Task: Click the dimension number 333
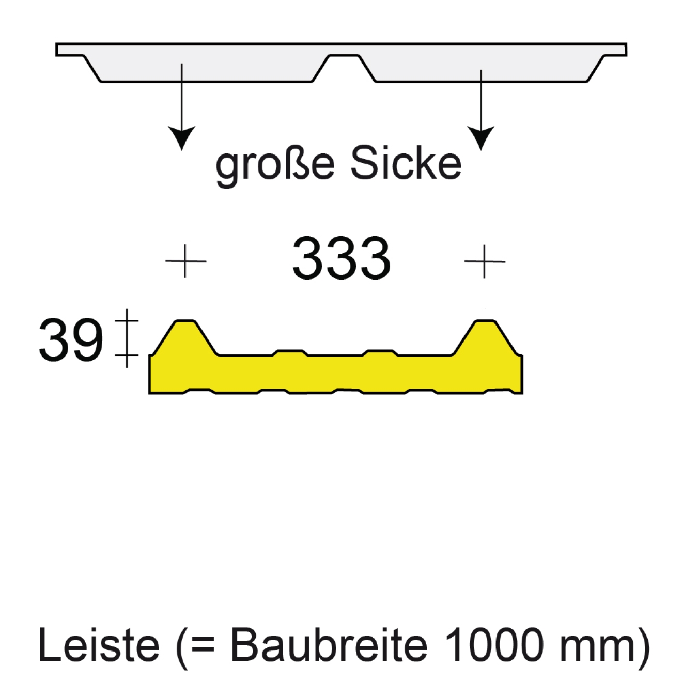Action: click(x=341, y=258)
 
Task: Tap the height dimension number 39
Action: click(x=71, y=340)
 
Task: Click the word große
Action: click(x=275, y=164)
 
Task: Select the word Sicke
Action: click(x=406, y=164)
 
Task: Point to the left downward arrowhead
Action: click(x=182, y=137)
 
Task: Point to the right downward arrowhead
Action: click(x=481, y=137)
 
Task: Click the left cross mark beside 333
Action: click(x=185, y=261)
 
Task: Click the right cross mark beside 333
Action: click(x=485, y=261)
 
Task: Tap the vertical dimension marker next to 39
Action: click(x=127, y=338)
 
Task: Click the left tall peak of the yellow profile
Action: click(x=185, y=331)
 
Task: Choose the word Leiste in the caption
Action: click(x=99, y=645)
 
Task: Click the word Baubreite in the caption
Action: click(x=329, y=645)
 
